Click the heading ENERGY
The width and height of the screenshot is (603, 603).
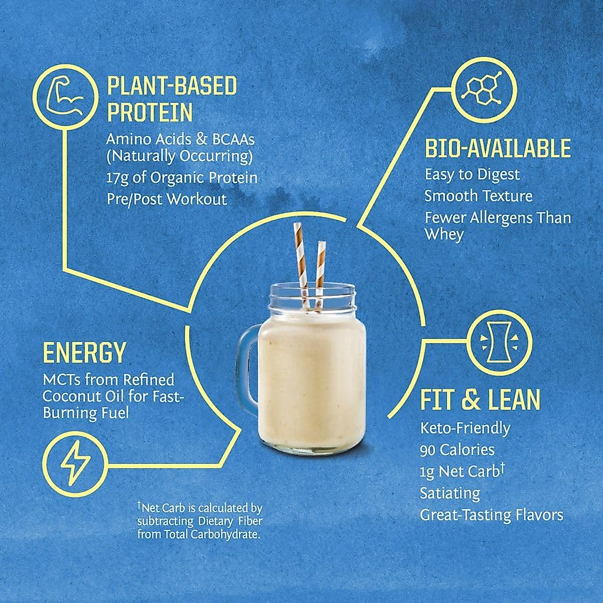pyautogui.click(x=84, y=353)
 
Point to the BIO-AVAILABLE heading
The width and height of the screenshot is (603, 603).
pyautogui.click(x=497, y=149)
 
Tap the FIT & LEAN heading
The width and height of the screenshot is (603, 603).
pyautogui.click(x=480, y=400)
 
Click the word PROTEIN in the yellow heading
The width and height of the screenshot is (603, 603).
pyautogui.click(x=150, y=113)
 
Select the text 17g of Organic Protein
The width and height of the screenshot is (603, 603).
pyautogui.click(x=182, y=178)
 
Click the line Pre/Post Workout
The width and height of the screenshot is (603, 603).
pyautogui.click(x=167, y=199)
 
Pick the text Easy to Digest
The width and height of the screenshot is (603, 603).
pyautogui.click(x=472, y=174)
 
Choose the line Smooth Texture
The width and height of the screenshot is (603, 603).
pyautogui.click(x=478, y=195)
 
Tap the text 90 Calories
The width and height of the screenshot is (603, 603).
pyautogui.click(x=457, y=450)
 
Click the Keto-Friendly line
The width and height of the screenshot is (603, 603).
pyautogui.click(x=465, y=428)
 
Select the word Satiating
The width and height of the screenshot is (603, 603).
pyautogui.click(x=450, y=493)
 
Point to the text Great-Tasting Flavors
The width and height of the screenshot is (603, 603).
pyautogui.click(x=491, y=515)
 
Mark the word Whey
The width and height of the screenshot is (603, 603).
pyautogui.click(x=444, y=235)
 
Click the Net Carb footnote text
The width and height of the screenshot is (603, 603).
pyautogui.click(x=199, y=521)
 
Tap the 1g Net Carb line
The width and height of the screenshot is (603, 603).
pyautogui.click(x=462, y=471)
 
